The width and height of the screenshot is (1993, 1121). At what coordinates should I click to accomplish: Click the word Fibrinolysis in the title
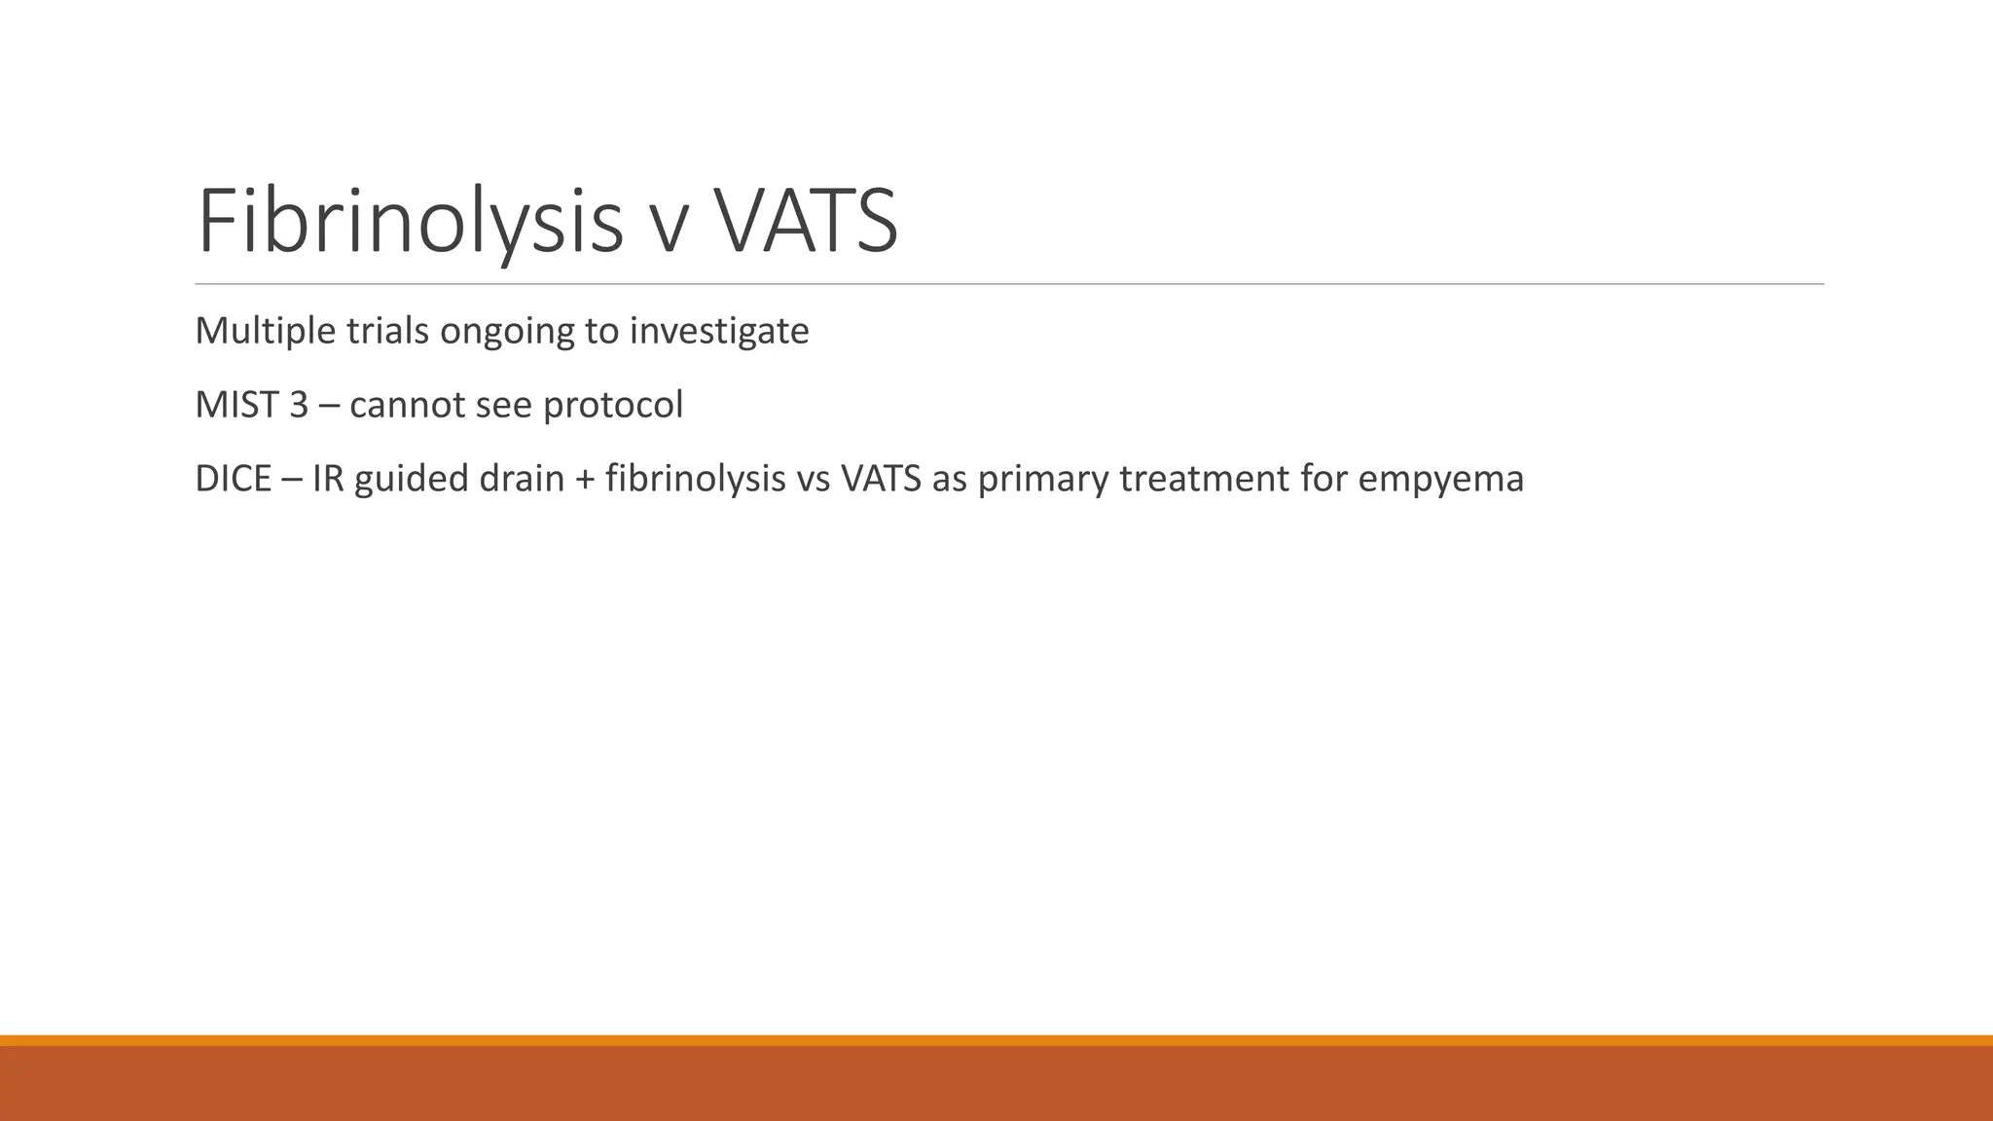[x=409, y=222]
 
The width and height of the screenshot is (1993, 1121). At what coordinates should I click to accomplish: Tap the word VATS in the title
[x=806, y=222]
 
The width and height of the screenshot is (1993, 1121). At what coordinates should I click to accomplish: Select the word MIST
[x=236, y=405]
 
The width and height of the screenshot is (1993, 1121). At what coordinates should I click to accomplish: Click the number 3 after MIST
[x=298, y=405]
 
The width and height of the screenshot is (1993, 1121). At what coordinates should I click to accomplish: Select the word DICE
[x=233, y=479]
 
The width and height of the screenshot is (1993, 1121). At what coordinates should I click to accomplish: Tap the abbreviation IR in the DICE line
[x=328, y=479]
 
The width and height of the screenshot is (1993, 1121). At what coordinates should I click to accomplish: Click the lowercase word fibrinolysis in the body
[x=695, y=479]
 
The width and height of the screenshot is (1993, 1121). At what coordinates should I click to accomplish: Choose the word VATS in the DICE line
[x=881, y=479]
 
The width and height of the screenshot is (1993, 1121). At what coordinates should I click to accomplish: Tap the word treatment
[x=1205, y=479]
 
